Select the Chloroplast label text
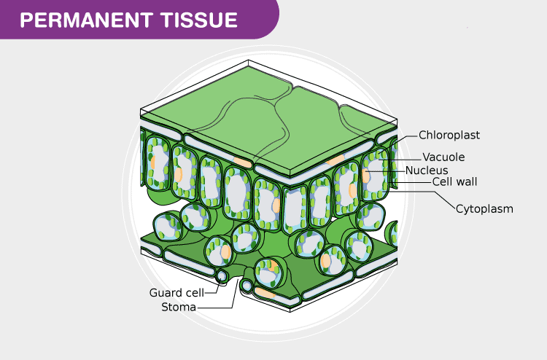click(449, 135)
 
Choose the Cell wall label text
click(455, 182)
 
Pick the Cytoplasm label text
click(485, 209)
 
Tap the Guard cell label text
click(176, 293)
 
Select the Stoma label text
click(179, 307)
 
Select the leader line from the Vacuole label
click(408, 157)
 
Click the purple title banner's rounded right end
click(271, 20)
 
